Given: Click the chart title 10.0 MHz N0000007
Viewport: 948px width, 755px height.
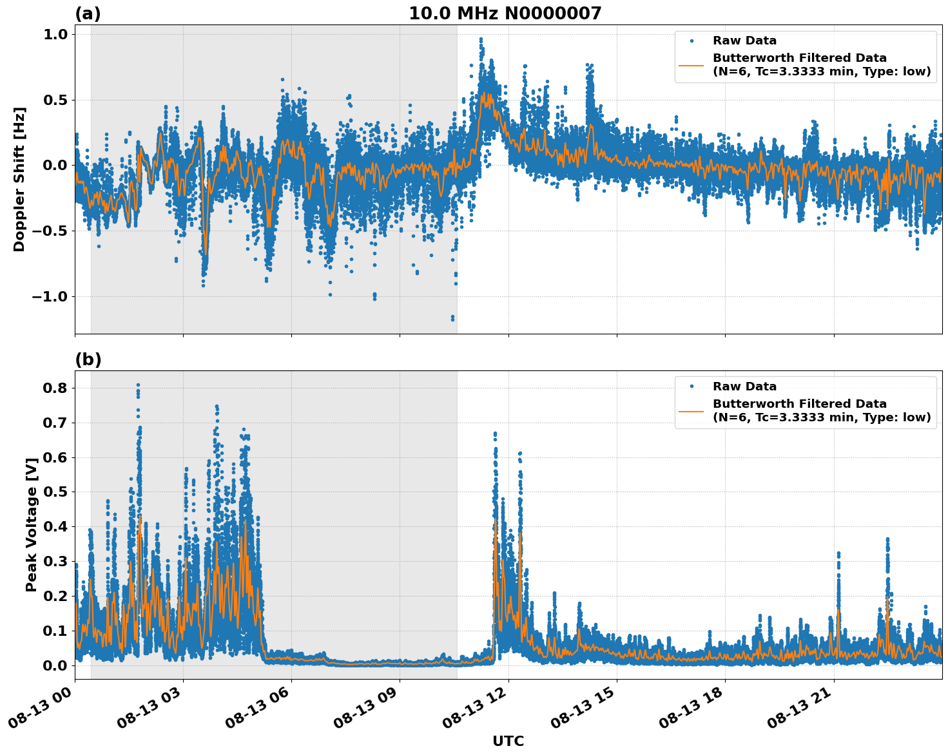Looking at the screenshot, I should [505, 14].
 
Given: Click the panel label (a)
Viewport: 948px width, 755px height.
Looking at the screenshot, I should [88, 14].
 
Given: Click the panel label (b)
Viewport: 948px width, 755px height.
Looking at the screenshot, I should [88, 359].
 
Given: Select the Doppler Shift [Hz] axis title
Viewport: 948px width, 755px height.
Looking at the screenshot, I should [19, 179].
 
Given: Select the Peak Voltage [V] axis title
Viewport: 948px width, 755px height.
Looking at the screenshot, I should [31, 524].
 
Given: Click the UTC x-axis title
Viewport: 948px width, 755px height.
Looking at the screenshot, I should [508, 741].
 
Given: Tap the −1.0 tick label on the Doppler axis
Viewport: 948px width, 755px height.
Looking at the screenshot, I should [50, 297].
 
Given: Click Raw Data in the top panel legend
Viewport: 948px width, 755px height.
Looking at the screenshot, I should [744, 41].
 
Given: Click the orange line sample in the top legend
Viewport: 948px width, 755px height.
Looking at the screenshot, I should [692, 64].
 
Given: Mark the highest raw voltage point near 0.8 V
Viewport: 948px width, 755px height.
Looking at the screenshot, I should [138, 385].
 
